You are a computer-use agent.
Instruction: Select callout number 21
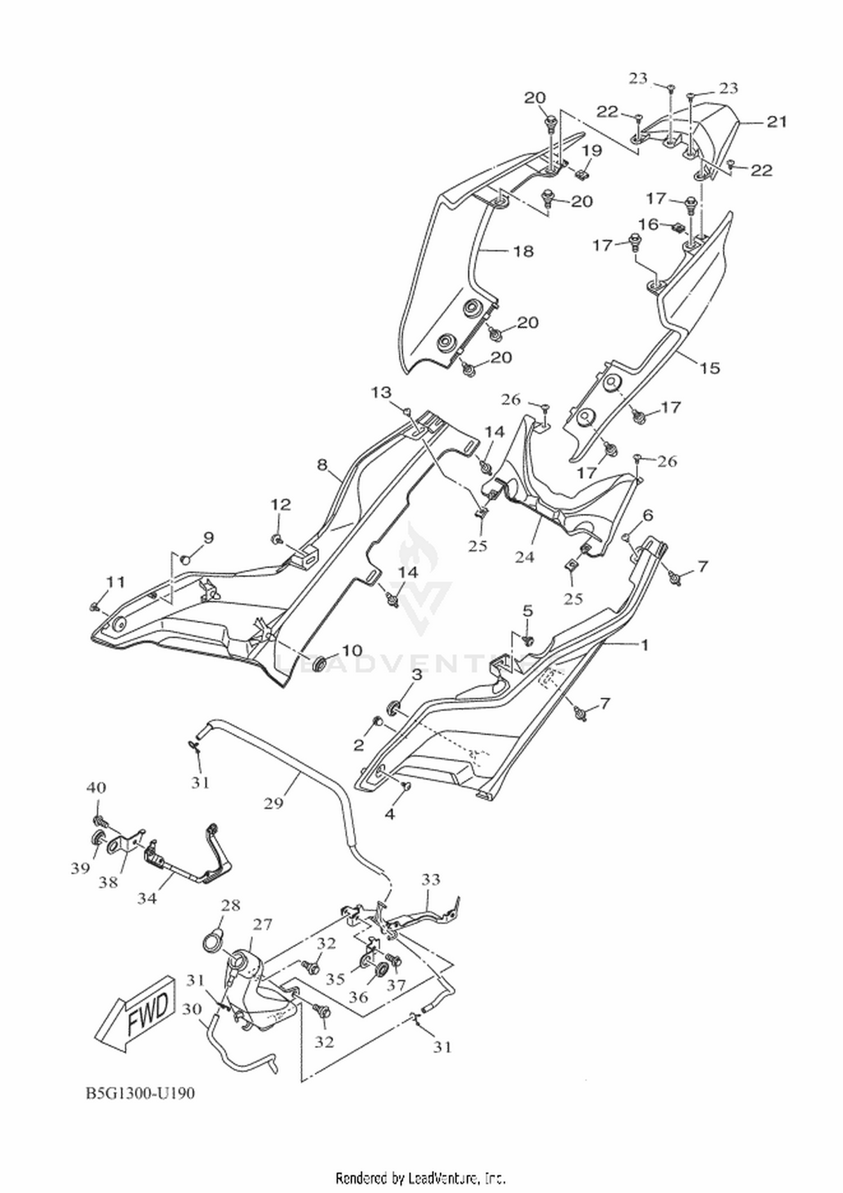click(777, 121)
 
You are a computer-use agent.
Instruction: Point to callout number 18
click(524, 251)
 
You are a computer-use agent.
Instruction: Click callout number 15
click(710, 368)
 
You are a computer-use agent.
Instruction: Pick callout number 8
click(321, 464)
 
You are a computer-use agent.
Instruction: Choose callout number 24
click(525, 557)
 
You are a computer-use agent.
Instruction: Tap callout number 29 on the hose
click(274, 804)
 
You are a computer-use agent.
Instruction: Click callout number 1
click(644, 645)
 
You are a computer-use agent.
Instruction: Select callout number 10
click(352, 650)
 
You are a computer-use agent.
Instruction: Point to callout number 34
click(148, 899)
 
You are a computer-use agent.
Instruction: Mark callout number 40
click(96, 788)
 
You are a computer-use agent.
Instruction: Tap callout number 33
click(430, 879)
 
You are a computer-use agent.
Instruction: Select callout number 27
click(262, 925)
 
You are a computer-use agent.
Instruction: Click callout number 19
click(592, 151)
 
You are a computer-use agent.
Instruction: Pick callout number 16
click(649, 224)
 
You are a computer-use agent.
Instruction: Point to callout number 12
click(281, 504)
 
